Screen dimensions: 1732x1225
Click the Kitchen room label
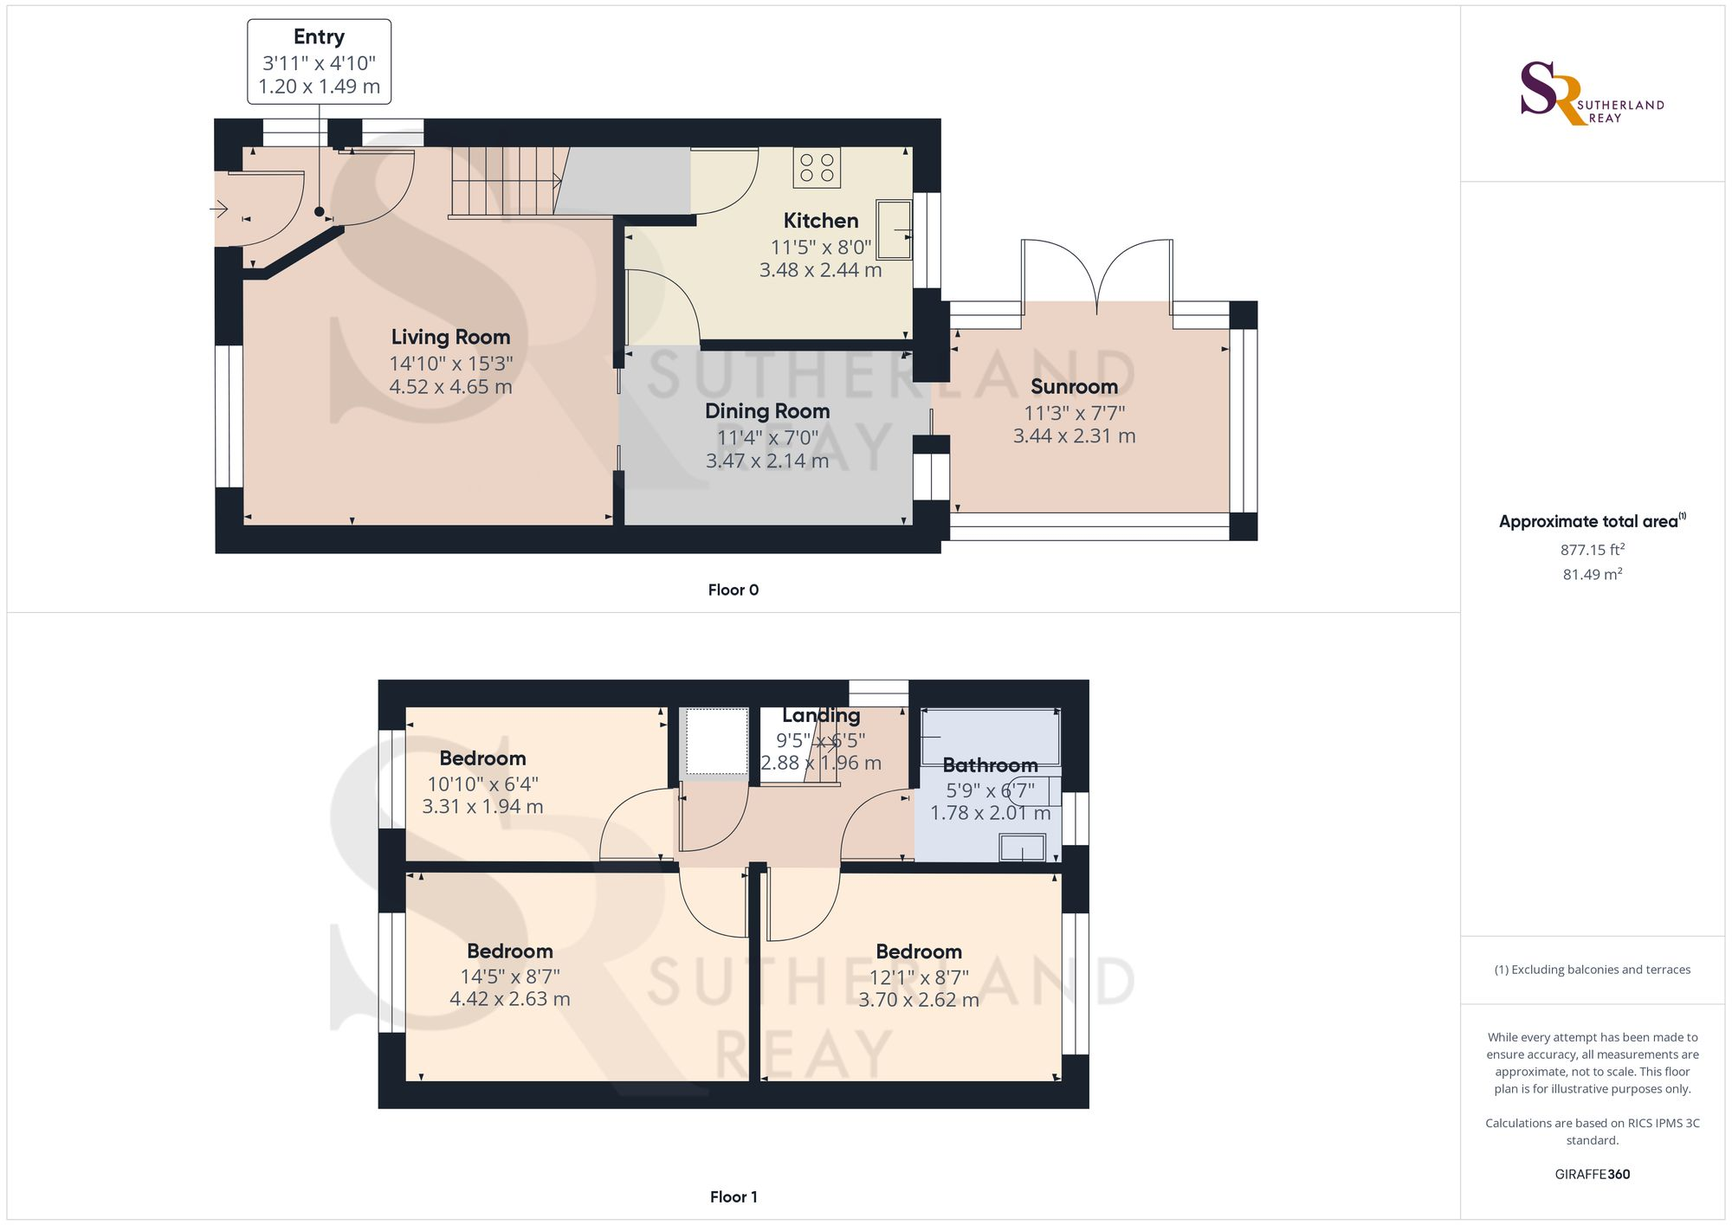tap(821, 221)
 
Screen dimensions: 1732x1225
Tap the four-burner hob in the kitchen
tap(817, 168)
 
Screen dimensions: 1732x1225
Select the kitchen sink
tap(895, 229)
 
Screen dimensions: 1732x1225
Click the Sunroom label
tap(1074, 387)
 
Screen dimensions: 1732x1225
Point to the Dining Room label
tap(767, 411)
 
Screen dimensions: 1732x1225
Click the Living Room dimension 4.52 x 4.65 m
tap(450, 387)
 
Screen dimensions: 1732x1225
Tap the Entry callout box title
tap(319, 37)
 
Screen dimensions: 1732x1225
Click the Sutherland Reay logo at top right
tap(1592, 93)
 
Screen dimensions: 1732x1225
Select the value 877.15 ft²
tap(1593, 550)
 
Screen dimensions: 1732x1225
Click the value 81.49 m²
tap(1593, 574)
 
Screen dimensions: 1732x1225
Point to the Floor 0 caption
tap(734, 590)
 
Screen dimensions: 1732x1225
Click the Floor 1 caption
tap(734, 1197)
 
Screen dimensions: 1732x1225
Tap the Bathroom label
tap(990, 765)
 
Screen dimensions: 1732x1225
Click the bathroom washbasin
tap(1022, 848)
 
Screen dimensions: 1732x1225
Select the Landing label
tap(821, 716)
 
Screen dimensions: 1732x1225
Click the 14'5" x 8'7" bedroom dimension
tap(510, 977)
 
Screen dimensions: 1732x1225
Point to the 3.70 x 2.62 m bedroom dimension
tap(919, 1000)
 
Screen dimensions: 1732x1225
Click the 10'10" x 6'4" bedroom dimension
tap(482, 784)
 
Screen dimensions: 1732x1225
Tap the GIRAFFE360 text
tap(1593, 1175)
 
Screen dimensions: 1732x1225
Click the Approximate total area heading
tap(1593, 521)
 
